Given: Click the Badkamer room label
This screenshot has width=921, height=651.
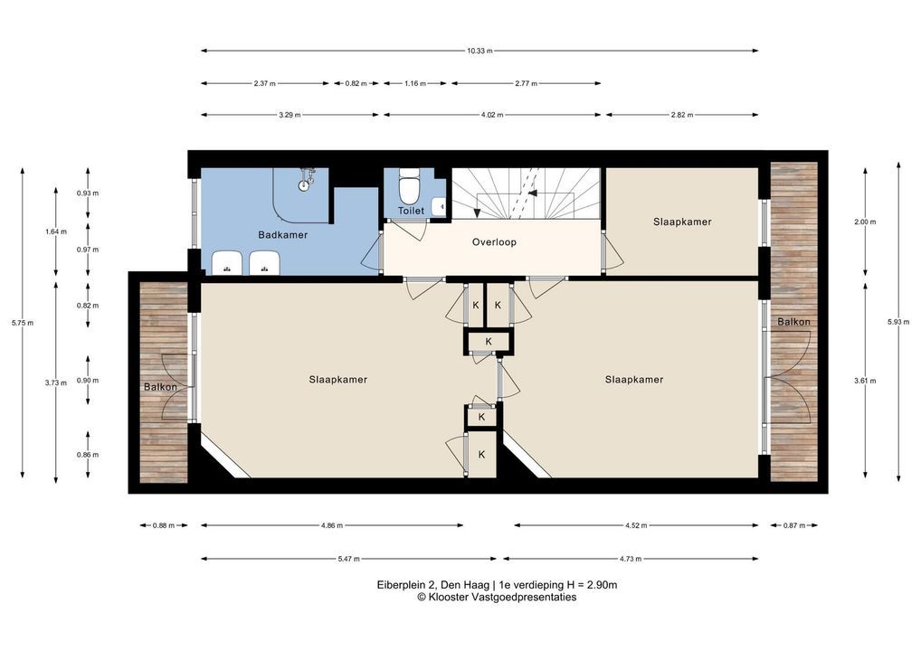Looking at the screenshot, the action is click(282, 235).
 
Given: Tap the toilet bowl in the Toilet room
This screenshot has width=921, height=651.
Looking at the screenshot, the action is click(408, 186).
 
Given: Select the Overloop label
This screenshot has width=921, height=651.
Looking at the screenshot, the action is click(494, 241).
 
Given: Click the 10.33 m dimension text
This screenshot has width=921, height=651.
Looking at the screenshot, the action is click(479, 51).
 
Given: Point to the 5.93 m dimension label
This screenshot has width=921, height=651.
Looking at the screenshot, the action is click(898, 322).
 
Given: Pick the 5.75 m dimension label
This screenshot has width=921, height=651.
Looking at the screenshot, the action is click(23, 322).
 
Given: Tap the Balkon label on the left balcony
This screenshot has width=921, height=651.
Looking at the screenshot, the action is click(160, 387).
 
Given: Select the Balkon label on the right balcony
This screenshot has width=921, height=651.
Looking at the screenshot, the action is click(793, 322).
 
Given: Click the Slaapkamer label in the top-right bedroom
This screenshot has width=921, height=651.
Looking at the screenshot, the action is click(682, 222).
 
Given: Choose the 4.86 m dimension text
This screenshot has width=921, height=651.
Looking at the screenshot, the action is click(332, 526).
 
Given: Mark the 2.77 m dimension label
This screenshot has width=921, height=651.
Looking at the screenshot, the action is click(526, 84).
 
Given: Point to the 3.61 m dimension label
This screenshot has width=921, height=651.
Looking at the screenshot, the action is click(865, 381).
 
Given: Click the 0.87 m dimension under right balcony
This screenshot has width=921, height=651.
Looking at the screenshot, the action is click(794, 526).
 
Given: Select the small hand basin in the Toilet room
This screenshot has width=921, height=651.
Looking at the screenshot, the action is click(439, 206).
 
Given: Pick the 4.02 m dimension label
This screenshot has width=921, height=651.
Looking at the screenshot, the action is click(492, 116).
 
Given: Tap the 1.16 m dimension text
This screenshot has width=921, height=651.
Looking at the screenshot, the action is click(415, 84).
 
